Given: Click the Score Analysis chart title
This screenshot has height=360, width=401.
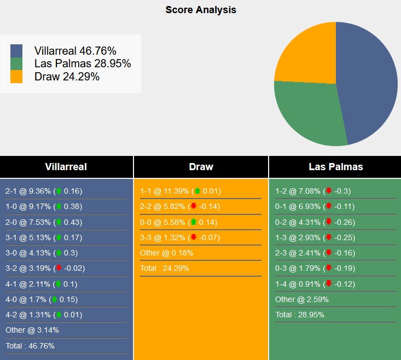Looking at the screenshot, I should coord(201,10).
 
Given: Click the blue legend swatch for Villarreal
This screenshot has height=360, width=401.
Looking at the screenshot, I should coord(16,50).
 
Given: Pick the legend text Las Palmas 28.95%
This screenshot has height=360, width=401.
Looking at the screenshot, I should coord(83,63).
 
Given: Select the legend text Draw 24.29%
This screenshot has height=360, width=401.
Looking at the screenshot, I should coord(67,77).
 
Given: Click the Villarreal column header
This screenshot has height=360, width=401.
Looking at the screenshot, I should coord(66,167).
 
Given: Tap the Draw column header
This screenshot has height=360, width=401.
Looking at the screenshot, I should coord(201,167).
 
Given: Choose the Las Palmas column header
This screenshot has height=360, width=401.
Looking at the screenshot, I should coord(335,167).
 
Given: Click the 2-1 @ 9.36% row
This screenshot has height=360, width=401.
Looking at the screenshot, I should coord(44,191).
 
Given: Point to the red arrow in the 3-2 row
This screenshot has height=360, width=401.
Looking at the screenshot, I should coord(59,269).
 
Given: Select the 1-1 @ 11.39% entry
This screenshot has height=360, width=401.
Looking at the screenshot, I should coord(178,191).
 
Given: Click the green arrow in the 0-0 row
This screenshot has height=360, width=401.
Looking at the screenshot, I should coord(194,222).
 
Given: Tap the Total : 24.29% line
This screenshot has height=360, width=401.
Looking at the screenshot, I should coord(164,269).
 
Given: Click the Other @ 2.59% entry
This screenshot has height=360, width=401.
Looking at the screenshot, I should coord(301,299).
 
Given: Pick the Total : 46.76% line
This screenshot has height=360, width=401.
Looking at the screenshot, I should coord(30,345).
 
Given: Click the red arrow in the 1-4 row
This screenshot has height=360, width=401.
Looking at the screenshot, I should coord(328,284).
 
